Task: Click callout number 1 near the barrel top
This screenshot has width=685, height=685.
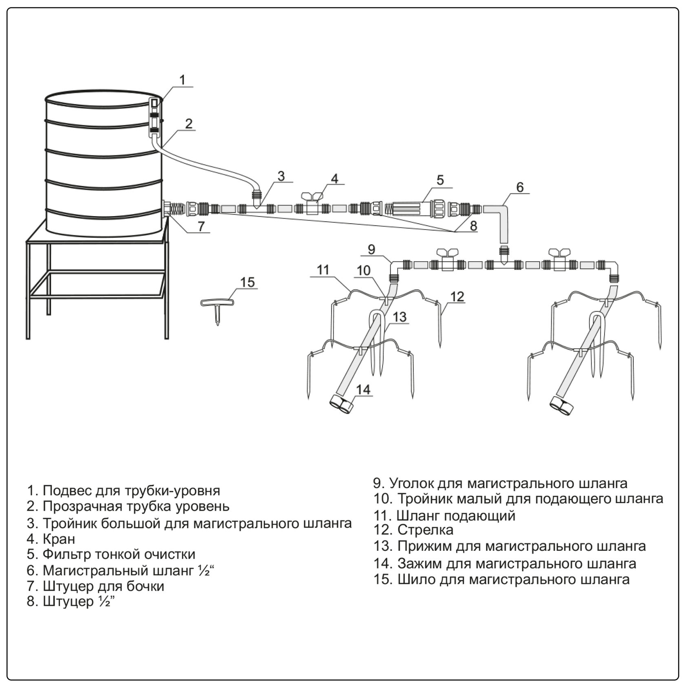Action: tap(182, 80)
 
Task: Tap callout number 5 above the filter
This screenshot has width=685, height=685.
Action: tap(440, 180)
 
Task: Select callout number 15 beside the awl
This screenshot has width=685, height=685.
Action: tap(247, 282)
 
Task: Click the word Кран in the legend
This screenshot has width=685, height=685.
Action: tap(59, 539)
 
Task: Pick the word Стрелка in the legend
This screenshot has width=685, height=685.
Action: tap(425, 530)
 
